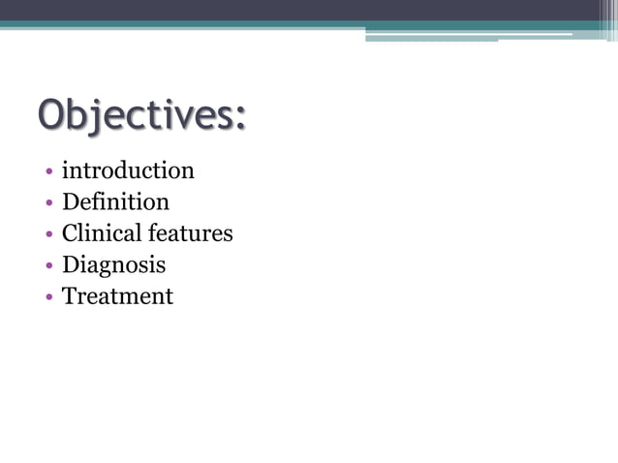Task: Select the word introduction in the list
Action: [128, 171]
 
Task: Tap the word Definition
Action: [115, 202]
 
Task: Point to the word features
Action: [191, 233]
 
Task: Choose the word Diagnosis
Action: [113, 264]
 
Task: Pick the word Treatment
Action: [117, 296]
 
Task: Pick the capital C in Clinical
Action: [71, 233]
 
